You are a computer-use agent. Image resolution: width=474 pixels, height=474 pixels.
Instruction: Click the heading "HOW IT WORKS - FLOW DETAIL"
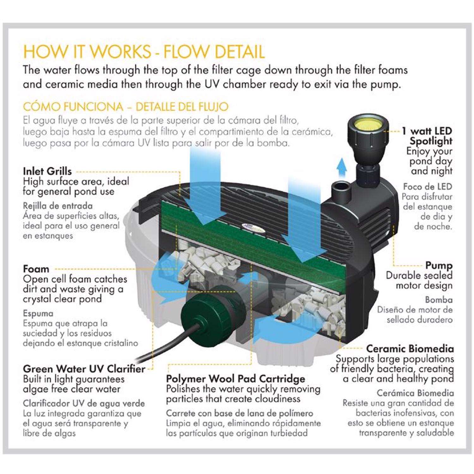coord(144,52)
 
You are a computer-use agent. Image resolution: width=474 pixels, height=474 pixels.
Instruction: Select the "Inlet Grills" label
coord(47,172)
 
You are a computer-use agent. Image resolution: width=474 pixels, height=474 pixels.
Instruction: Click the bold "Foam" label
coord(36,269)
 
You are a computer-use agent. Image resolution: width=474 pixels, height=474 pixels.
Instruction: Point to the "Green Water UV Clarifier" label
coord(84,369)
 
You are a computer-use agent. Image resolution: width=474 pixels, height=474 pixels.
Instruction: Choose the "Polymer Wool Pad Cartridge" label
coord(235,379)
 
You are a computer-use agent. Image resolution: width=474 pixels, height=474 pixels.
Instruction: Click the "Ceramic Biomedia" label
coord(410,349)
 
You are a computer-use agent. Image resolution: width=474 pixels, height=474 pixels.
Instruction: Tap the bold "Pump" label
coord(439,265)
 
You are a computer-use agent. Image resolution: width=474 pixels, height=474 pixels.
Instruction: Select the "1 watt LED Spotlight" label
coord(427,136)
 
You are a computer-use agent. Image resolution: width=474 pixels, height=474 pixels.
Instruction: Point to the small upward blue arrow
coord(342,168)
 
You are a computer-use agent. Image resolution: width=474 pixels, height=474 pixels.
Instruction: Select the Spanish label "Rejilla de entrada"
coord(58,206)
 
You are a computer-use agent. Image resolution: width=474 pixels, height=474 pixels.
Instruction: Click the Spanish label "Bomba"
coord(439,300)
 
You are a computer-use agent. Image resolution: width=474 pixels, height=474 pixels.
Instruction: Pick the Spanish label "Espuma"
coord(38,313)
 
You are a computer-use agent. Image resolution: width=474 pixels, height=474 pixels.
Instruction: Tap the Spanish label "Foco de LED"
coord(427,187)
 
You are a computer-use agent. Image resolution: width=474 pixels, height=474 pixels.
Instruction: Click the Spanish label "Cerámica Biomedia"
coord(415,393)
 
